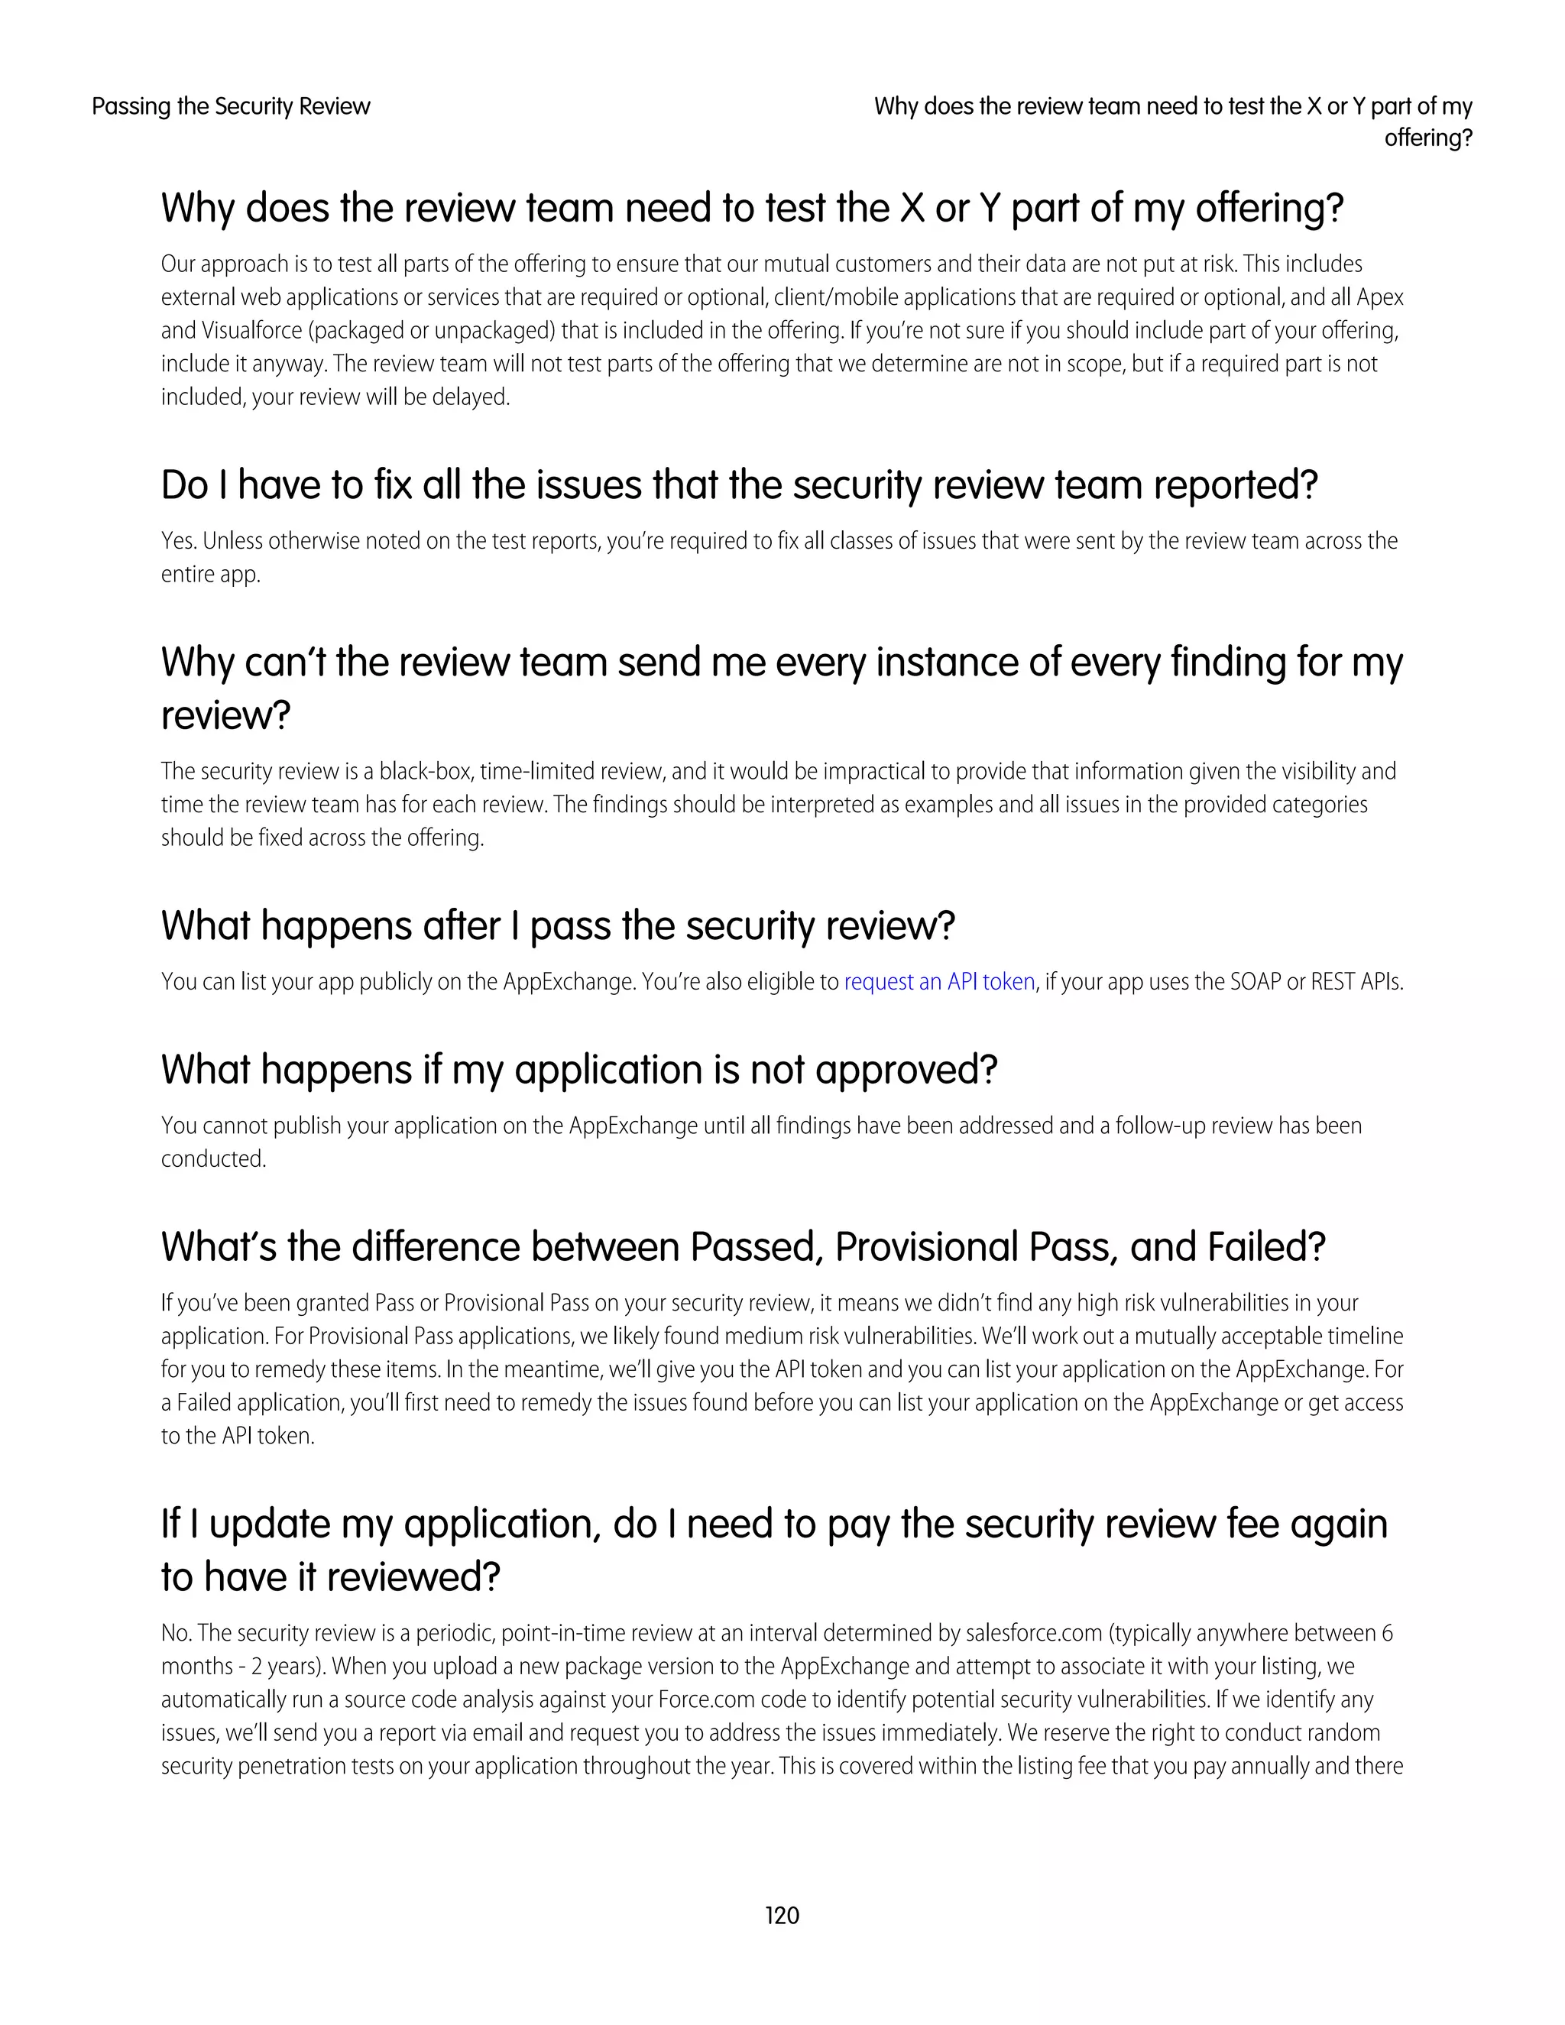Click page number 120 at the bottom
[782, 1916]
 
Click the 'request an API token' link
[938, 982]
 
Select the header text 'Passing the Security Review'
[231, 107]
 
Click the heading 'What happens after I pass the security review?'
[557, 926]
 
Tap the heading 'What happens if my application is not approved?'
[578, 1070]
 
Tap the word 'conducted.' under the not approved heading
[213, 1160]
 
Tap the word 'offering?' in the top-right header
[1427, 138]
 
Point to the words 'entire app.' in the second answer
[210, 575]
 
